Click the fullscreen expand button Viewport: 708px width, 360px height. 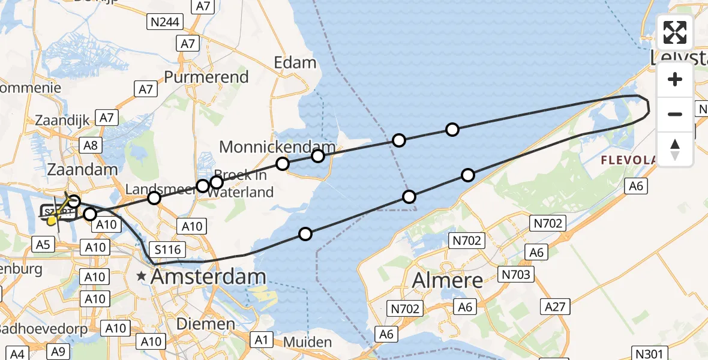click(675, 32)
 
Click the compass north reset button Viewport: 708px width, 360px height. click(675, 149)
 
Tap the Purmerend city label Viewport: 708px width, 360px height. click(206, 77)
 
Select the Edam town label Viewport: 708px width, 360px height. click(295, 62)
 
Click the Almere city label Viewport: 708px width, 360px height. click(448, 280)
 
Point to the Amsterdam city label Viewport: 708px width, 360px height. click(208, 277)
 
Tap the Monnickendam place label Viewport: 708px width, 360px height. click(277, 147)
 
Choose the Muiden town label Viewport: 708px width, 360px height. click(308, 343)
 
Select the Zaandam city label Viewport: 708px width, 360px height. click(83, 170)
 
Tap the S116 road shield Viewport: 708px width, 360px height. click(168, 248)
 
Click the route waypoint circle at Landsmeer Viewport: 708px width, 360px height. click(154, 198)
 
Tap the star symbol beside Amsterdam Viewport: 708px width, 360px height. click(141, 277)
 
